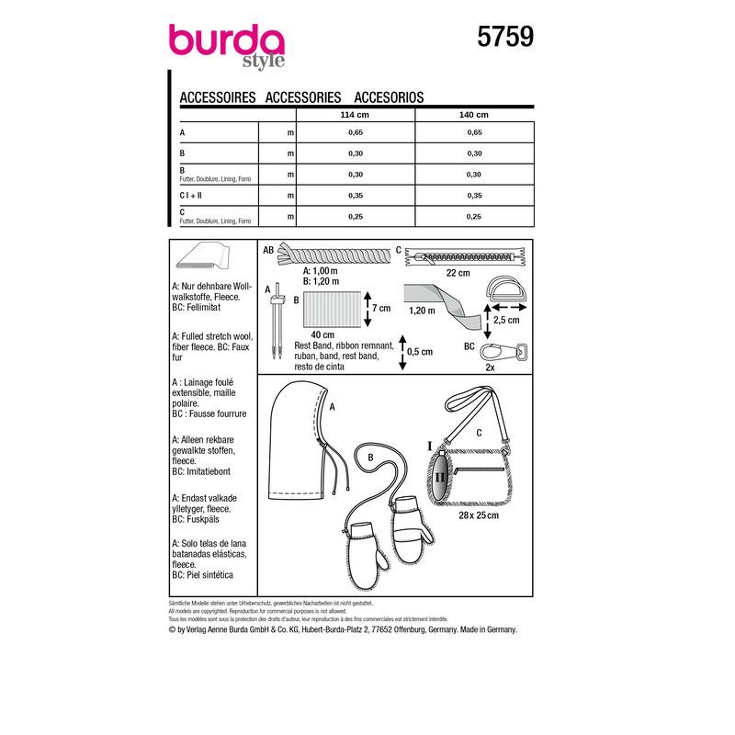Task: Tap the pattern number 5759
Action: [x=503, y=37]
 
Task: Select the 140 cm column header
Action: [x=473, y=115]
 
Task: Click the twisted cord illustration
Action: [x=327, y=255]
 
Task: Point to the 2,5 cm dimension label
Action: [x=507, y=322]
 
